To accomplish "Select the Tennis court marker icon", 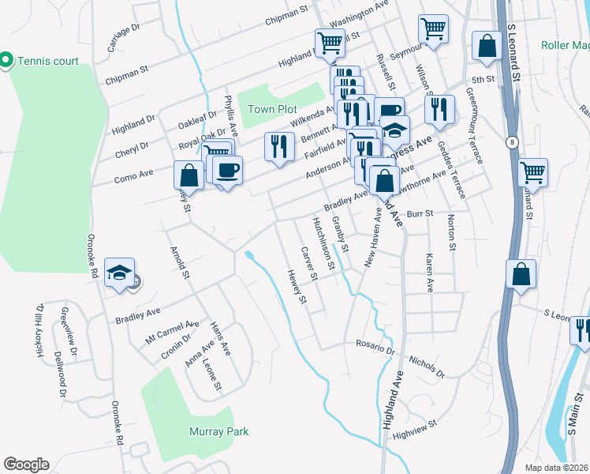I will click(6, 60).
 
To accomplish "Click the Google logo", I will click(26, 465).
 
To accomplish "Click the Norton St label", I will click(451, 232).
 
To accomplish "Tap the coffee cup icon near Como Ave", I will click(227, 170).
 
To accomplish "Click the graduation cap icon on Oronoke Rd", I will click(119, 273).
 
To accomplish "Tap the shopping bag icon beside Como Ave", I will click(189, 174).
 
